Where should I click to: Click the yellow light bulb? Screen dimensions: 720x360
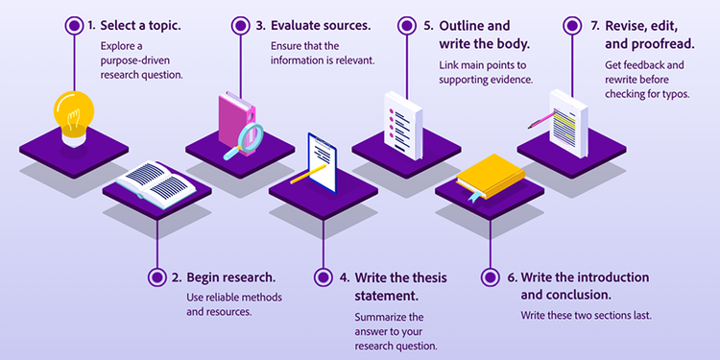point(73,114)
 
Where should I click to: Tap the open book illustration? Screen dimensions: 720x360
point(156,180)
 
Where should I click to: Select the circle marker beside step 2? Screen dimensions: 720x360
point(156,276)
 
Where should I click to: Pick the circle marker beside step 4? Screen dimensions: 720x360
point(324,276)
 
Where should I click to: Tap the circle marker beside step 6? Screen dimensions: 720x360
point(491,276)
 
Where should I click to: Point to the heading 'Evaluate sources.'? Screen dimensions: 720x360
point(320,26)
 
